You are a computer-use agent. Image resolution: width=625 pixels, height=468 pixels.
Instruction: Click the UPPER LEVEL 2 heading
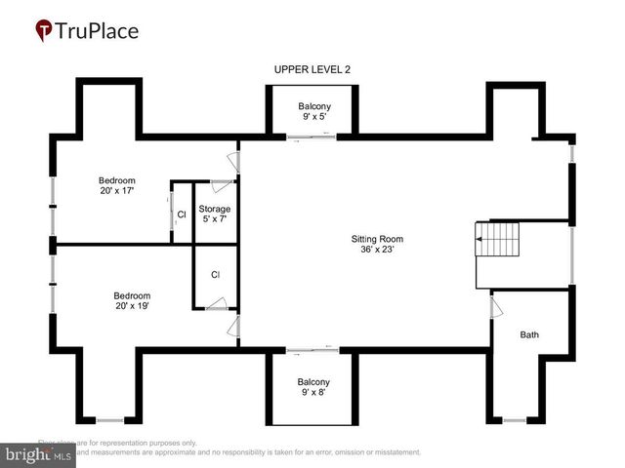click(x=312, y=68)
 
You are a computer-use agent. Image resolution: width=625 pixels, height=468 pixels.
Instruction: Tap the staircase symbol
click(x=497, y=239)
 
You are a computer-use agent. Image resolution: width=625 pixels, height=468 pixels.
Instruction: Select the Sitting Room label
click(x=377, y=238)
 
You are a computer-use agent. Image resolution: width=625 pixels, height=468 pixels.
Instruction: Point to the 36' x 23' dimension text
click(x=377, y=250)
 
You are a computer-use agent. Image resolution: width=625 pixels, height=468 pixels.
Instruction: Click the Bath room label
click(x=528, y=334)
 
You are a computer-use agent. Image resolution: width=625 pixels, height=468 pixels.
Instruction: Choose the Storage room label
click(x=215, y=210)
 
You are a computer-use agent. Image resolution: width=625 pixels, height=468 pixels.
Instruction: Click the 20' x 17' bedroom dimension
click(x=116, y=191)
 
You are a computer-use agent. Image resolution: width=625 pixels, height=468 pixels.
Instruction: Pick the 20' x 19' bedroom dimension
click(x=131, y=306)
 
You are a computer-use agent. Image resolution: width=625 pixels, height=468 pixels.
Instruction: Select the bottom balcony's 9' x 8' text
click(x=313, y=393)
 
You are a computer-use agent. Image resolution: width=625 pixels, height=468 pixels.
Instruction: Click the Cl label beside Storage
click(x=182, y=214)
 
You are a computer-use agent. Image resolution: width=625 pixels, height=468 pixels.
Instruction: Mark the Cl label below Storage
click(x=215, y=275)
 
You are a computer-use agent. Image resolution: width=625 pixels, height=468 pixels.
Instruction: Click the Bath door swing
click(x=496, y=307)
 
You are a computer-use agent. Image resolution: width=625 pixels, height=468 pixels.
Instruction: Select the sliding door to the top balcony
click(x=313, y=137)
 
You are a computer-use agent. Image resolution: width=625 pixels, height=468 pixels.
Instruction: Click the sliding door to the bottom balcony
click(x=313, y=348)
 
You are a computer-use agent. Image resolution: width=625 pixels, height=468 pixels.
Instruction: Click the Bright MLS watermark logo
click(x=39, y=453)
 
